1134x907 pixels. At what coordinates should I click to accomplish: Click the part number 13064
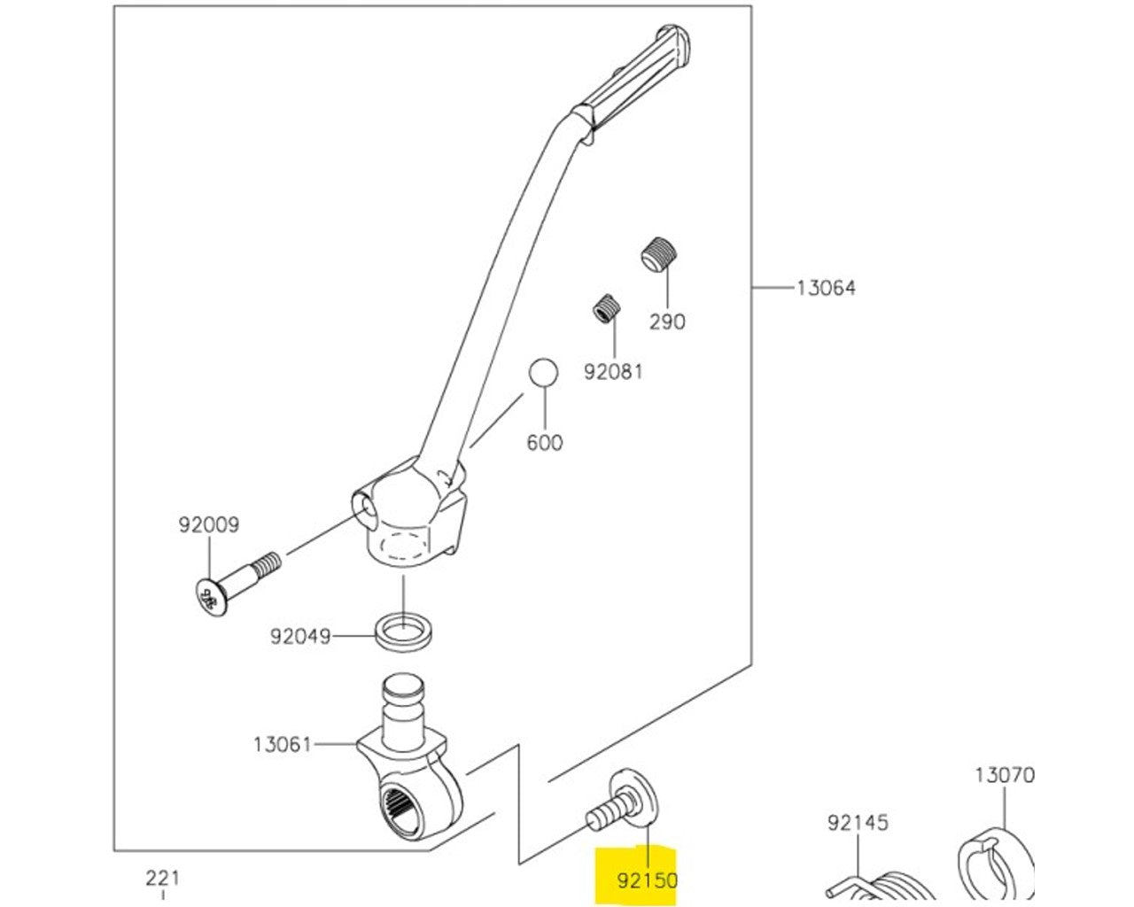pos(826,288)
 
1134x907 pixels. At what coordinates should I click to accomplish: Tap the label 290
pos(667,322)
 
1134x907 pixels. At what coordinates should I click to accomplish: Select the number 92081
pos(613,372)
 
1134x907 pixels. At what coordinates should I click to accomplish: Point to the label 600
pos(545,442)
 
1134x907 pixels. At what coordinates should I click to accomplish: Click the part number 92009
pos(209,524)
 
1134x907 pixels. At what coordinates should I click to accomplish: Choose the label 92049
pos(300,636)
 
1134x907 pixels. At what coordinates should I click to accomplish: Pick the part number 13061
pos(283,745)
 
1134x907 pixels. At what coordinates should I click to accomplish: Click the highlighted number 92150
pos(647,880)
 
